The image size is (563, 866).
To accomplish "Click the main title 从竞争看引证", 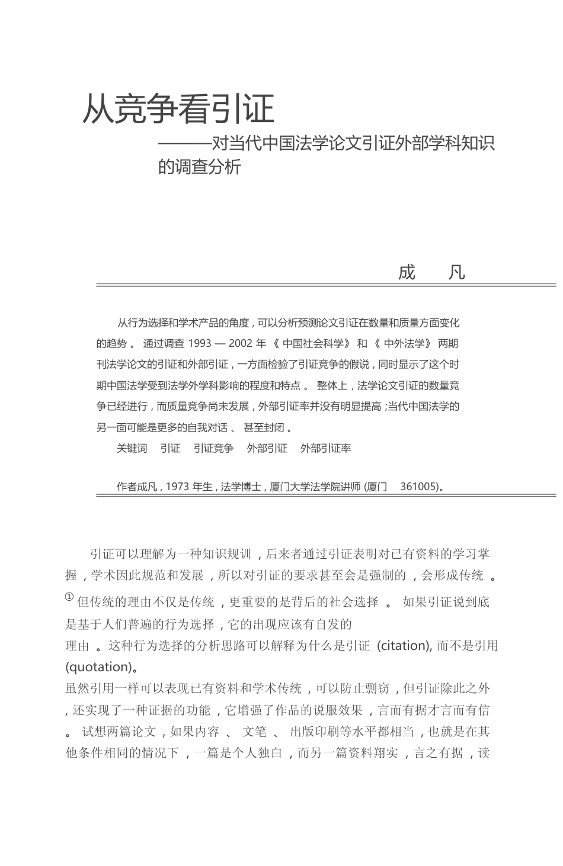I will [178, 109].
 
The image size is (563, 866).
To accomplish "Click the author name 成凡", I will [432, 272].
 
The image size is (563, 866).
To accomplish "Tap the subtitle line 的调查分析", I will [199, 167].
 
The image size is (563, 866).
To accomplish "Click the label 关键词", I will [132, 448].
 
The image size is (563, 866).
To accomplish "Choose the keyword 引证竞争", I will [213, 448].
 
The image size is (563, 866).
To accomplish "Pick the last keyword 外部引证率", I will [325, 448].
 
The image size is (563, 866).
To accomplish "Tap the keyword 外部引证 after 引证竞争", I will [267, 448].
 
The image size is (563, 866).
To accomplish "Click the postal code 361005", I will [419, 487].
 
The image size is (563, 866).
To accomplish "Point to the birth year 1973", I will [177, 487].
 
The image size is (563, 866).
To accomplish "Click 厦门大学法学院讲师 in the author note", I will [315, 487].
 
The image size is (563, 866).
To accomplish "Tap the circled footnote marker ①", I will [69, 597].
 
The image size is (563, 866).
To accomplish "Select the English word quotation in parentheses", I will [97, 667].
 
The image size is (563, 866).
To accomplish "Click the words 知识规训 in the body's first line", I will [228, 554].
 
